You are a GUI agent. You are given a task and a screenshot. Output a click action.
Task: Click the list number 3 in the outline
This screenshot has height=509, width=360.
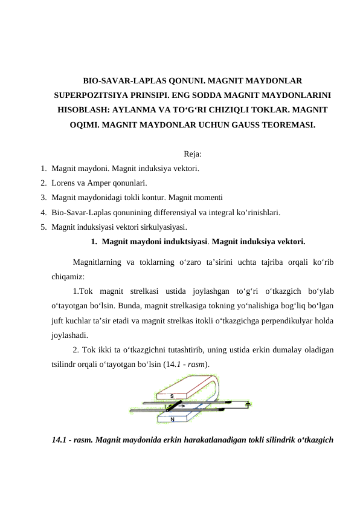tap(43, 196)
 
